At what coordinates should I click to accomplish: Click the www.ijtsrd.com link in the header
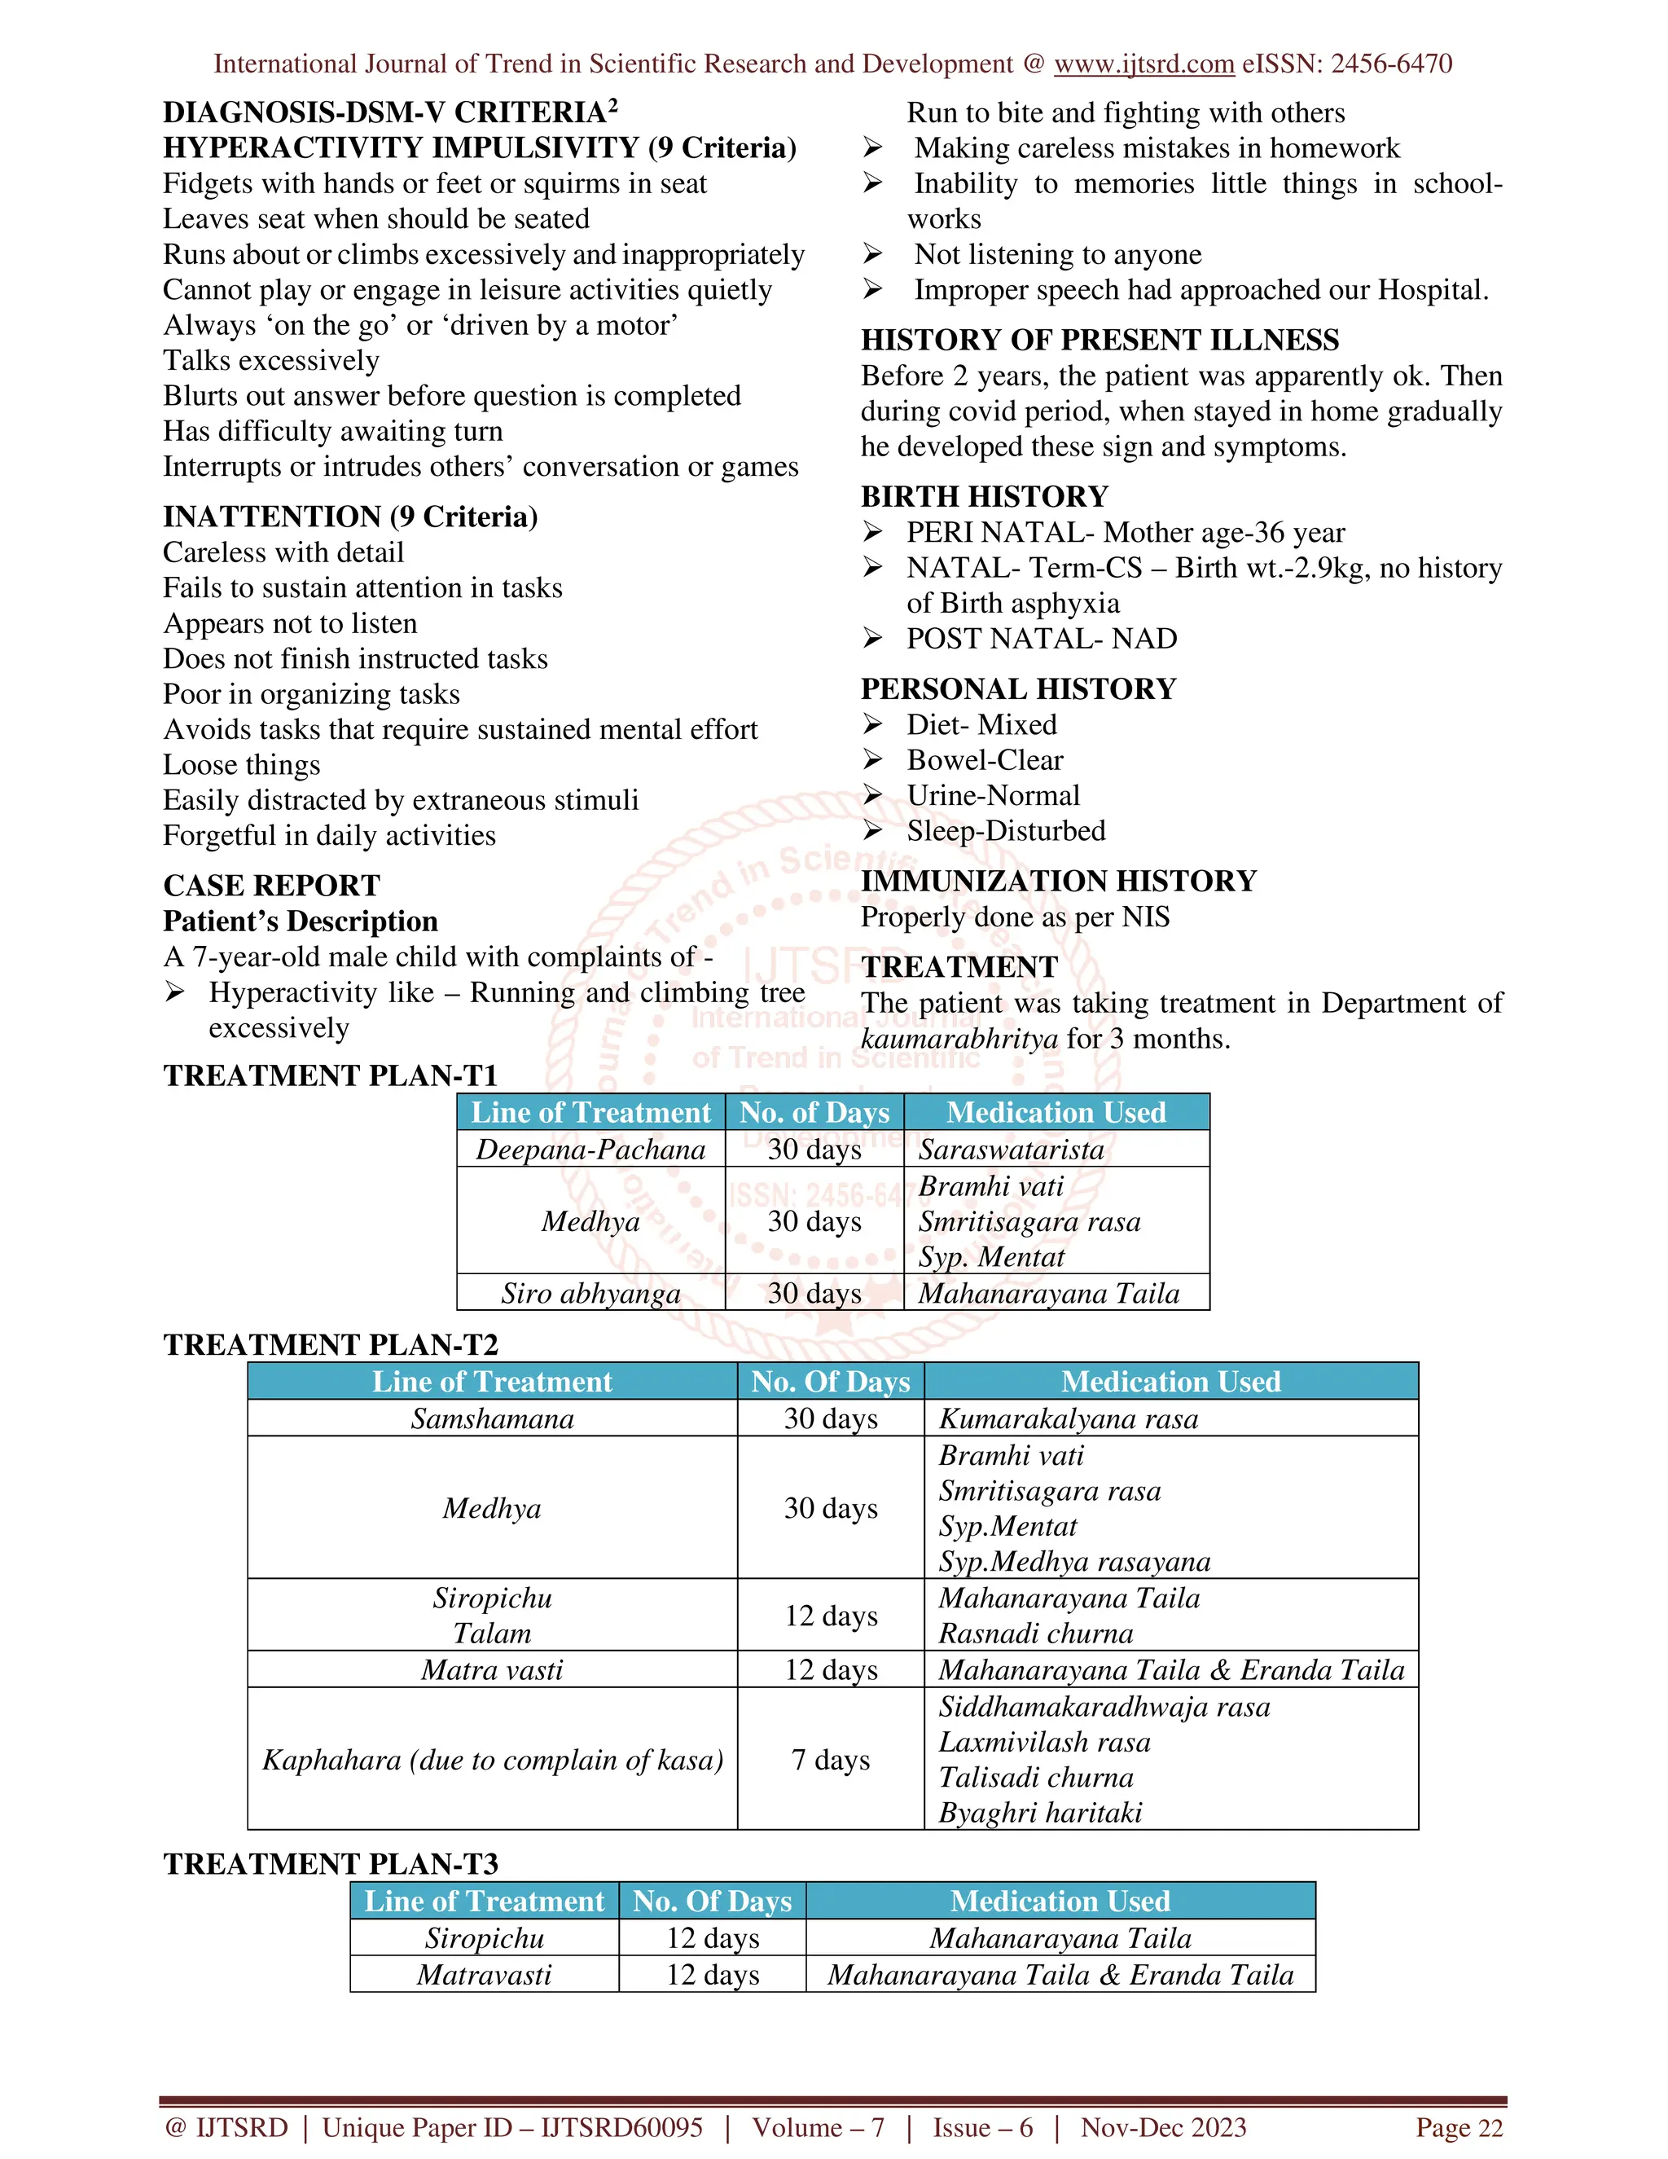click(x=1143, y=64)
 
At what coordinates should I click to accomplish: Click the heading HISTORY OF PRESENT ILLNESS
click(x=1099, y=340)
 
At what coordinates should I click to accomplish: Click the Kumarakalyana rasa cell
click(x=1069, y=1418)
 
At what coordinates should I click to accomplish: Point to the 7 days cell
click(x=830, y=1760)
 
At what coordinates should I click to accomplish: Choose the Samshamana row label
click(x=492, y=1418)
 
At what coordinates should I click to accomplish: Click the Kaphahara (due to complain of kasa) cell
click(x=492, y=1760)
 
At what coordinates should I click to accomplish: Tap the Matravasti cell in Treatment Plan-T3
click(x=485, y=1974)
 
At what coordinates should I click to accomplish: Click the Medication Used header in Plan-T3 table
click(x=1060, y=1900)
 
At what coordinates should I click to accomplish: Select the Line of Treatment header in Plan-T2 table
click(x=492, y=1381)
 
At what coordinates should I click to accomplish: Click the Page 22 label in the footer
click(x=1459, y=2127)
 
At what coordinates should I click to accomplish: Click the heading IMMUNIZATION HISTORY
click(x=1058, y=881)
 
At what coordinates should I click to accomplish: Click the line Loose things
click(x=241, y=765)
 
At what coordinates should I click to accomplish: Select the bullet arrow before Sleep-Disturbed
click(x=871, y=830)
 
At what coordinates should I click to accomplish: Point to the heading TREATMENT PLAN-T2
click(x=330, y=1344)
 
